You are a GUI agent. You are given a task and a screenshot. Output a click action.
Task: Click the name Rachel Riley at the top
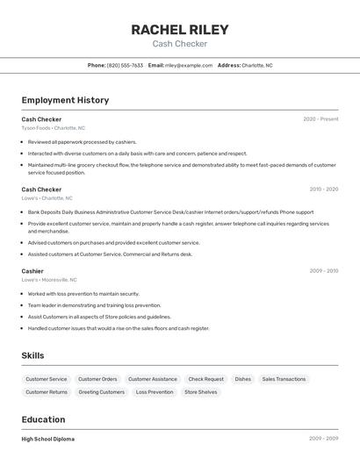click(179, 29)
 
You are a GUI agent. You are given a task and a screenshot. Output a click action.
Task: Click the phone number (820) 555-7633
click(125, 65)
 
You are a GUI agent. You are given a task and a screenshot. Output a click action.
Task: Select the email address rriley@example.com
click(189, 65)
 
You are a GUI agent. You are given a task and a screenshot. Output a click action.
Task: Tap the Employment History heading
click(65, 100)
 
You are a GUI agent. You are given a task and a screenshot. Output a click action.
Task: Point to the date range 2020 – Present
click(320, 118)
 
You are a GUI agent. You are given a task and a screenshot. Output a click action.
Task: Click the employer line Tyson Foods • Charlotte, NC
click(54, 128)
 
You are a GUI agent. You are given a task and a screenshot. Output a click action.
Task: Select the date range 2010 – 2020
click(323, 189)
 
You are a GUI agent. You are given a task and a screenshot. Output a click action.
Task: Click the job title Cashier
click(32, 271)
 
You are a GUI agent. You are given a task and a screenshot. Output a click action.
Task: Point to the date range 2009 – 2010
click(323, 271)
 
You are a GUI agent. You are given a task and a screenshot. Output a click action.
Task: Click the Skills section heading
click(32, 355)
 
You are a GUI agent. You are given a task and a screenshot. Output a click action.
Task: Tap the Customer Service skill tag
click(46, 379)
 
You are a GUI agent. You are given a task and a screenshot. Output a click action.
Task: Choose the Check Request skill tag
click(206, 379)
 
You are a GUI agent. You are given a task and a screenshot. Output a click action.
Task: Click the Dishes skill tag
click(243, 379)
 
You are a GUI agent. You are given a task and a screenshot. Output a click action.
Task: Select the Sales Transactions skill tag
click(284, 379)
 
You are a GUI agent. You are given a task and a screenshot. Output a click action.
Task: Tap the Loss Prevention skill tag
click(155, 392)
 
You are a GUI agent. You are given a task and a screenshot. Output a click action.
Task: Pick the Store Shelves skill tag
click(201, 392)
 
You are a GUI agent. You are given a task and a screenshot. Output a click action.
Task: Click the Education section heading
click(43, 419)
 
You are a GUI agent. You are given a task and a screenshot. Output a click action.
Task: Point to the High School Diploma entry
click(48, 439)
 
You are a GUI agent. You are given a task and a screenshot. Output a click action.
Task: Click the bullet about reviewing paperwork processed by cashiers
click(83, 141)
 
